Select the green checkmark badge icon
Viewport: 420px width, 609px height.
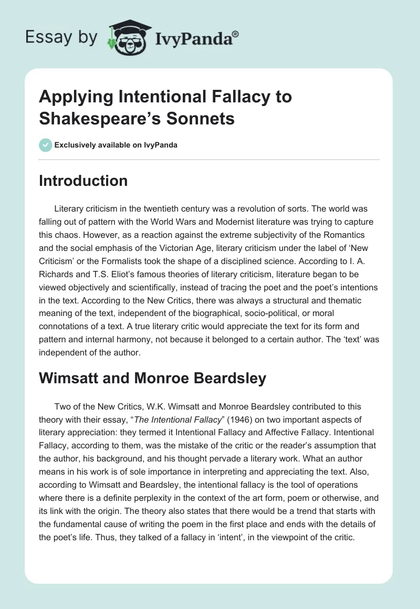pos(45,145)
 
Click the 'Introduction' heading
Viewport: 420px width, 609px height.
pos(83,181)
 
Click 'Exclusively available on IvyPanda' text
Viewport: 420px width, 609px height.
pos(115,145)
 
